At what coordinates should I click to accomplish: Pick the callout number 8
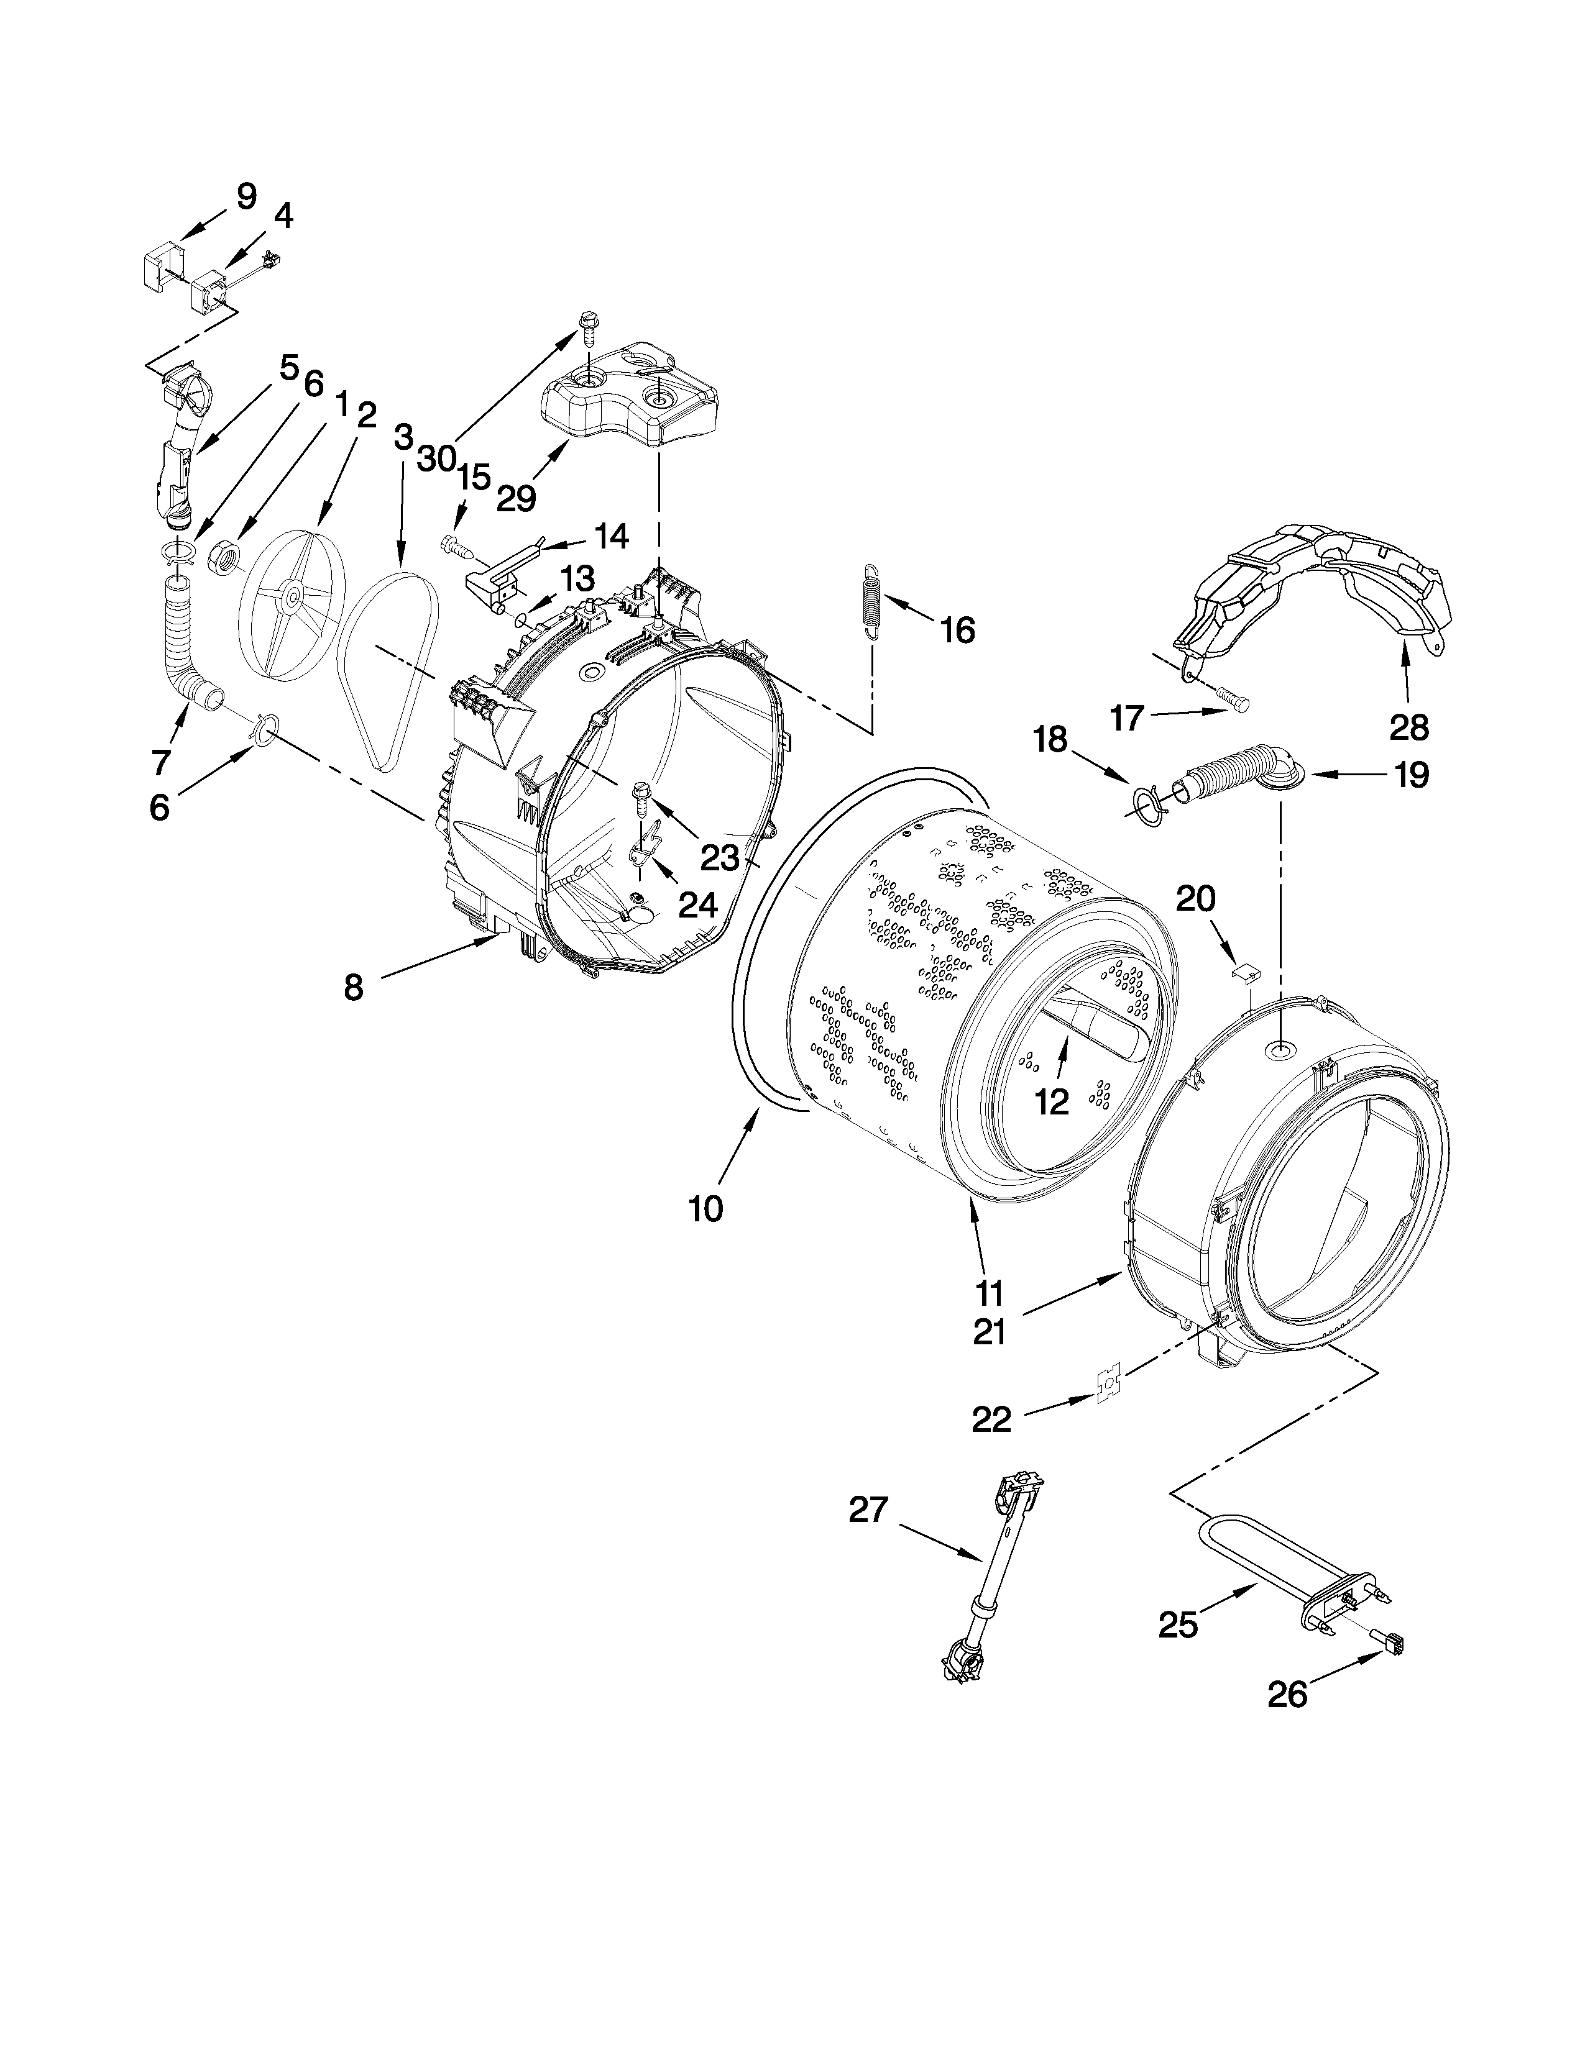(353, 988)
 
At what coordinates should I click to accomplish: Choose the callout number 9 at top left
(246, 196)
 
